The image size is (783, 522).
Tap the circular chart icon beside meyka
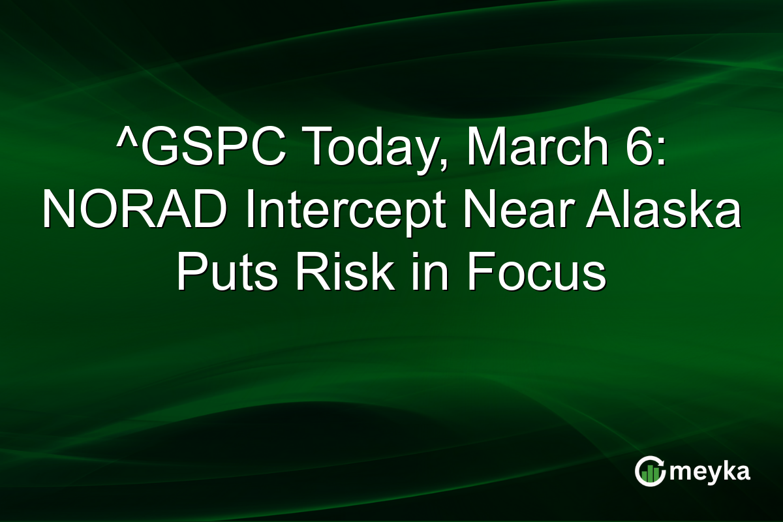point(650,471)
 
